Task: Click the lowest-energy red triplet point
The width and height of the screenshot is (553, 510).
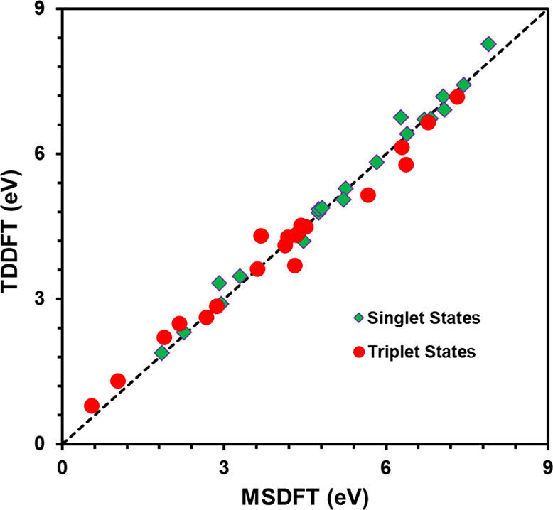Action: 92,406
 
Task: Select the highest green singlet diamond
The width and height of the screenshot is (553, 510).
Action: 488,44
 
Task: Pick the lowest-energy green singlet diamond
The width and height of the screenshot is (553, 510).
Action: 162,353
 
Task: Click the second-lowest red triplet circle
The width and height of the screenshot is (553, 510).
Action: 118,381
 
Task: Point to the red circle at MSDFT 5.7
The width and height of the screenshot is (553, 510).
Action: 368,195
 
